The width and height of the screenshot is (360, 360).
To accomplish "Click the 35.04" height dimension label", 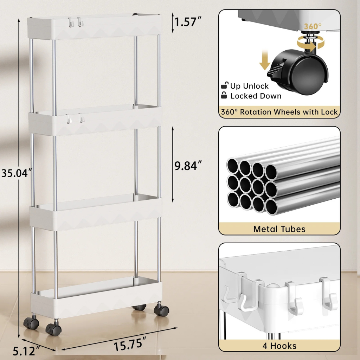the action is pyautogui.click(x=16, y=173).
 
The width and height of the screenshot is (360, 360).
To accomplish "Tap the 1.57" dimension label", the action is pyautogui.click(x=188, y=22).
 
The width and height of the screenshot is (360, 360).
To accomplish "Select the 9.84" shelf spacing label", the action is pyautogui.click(x=188, y=166).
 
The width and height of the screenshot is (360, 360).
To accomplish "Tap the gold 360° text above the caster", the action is pyautogui.click(x=313, y=26).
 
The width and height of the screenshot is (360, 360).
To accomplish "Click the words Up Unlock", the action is pyautogui.click(x=249, y=86).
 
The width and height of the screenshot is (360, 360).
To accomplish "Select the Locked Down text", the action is pyautogui.click(x=256, y=96).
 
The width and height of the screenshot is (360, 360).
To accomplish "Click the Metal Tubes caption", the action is pyautogui.click(x=279, y=229).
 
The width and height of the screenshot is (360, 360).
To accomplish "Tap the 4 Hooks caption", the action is pyautogui.click(x=279, y=346).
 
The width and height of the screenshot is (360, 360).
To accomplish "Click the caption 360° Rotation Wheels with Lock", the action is pyautogui.click(x=279, y=112).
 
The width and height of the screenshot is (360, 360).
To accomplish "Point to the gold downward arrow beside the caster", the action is pyautogui.click(x=264, y=60).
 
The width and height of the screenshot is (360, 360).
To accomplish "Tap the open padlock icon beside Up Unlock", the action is pyautogui.click(x=225, y=85).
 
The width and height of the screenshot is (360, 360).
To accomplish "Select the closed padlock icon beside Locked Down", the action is pyautogui.click(x=224, y=95).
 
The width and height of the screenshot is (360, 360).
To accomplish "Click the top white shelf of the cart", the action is pyautogui.click(x=95, y=27).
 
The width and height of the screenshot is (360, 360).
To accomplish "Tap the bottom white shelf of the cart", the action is pyautogui.click(x=96, y=297).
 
